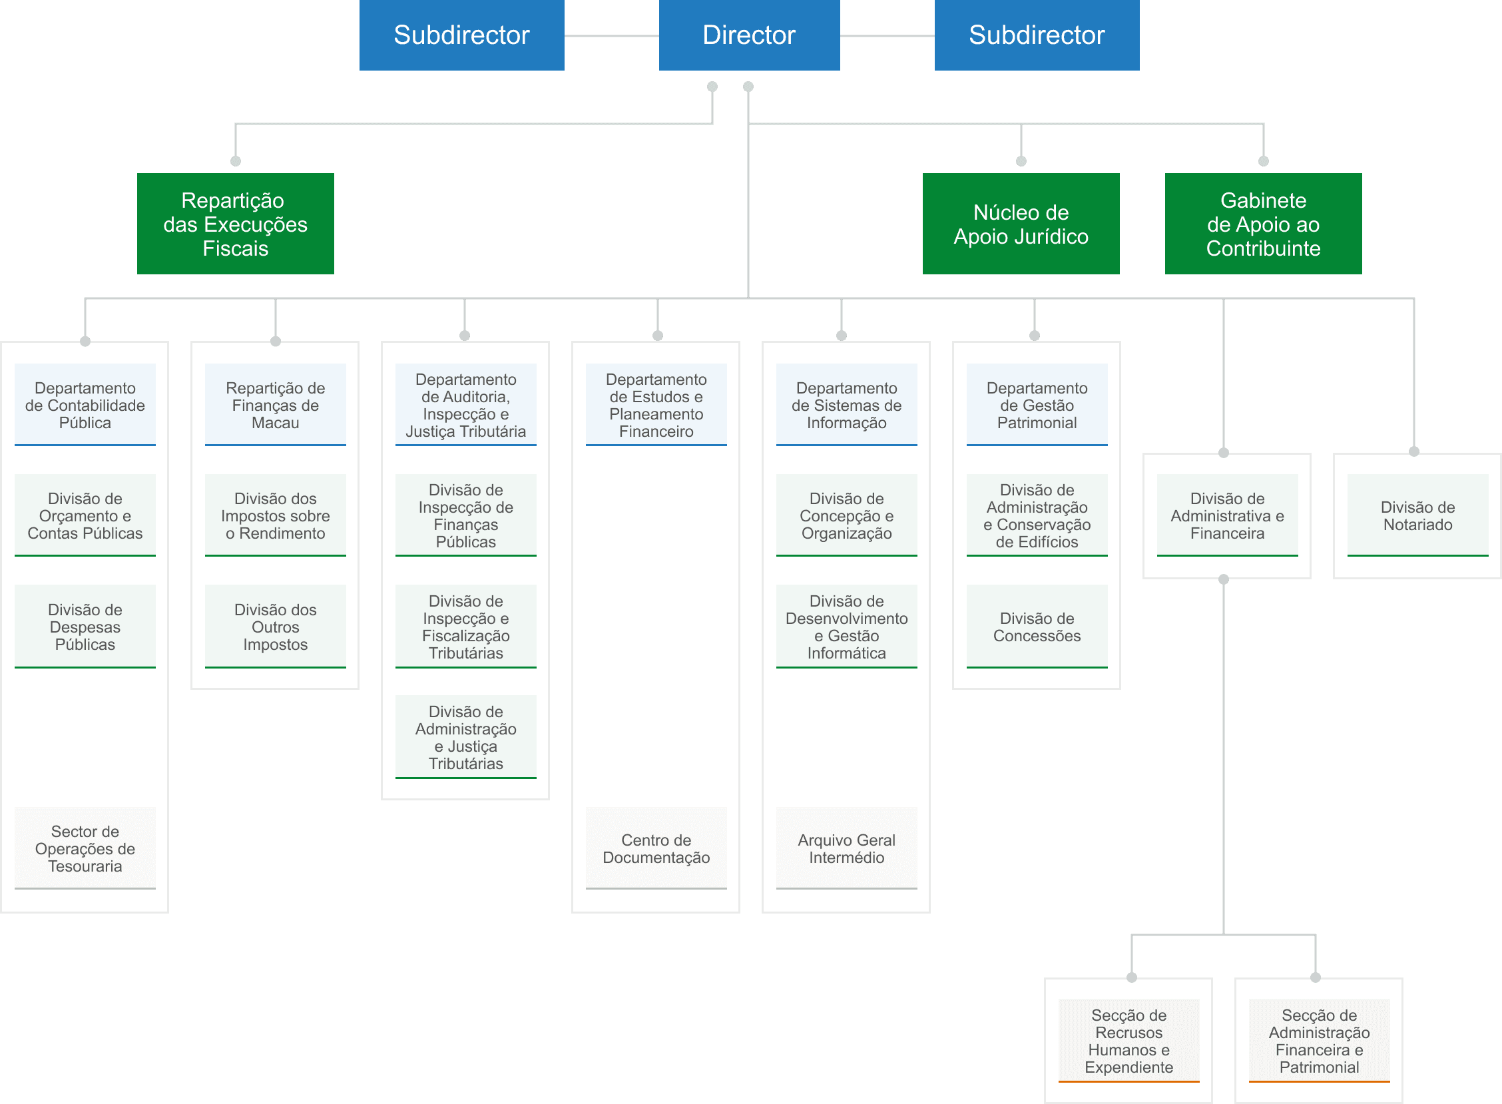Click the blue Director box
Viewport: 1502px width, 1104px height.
point(749,35)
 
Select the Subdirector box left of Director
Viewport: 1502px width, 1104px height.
point(461,35)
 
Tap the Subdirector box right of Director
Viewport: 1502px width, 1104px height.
point(1037,35)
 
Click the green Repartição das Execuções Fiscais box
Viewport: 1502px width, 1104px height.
point(235,224)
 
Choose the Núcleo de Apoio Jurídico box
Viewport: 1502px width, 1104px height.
point(1021,224)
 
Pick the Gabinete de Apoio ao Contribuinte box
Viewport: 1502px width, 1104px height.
point(1263,224)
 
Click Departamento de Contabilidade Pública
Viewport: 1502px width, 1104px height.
point(85,405)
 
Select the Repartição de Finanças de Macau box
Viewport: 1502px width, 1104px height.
point(275,405)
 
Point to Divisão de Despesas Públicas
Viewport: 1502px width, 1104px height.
point(85,627)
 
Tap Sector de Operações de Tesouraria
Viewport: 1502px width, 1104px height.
point(85,849)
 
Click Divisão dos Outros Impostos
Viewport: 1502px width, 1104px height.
point(275,627)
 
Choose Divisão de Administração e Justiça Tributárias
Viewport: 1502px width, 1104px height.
point(465,737)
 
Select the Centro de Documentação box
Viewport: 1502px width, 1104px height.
point(656,849)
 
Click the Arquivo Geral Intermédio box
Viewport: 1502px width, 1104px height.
point(847,849)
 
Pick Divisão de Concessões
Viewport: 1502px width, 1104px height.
point(1037,627)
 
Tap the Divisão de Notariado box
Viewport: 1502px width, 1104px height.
point(1418,516)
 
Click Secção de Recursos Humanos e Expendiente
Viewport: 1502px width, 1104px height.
point(1128,1041)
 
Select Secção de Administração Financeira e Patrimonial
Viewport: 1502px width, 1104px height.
point(1319,1041)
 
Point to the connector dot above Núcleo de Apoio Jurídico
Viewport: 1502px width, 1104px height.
point(1021,161)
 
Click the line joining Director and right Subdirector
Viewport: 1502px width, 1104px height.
point(887,36)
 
